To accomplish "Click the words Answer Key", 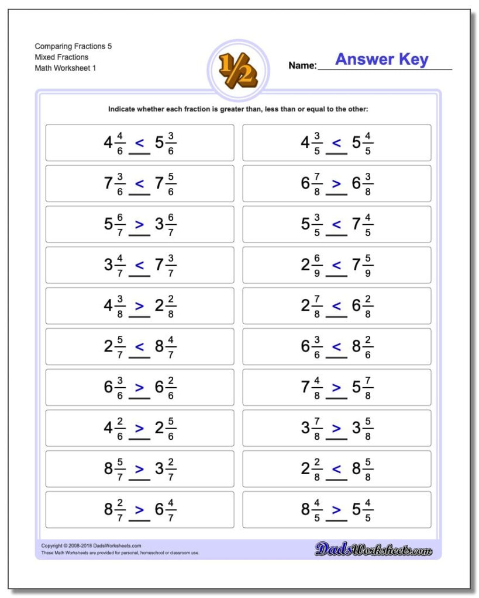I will pyautogui.click(x=381, y=60).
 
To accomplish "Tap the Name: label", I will pyautogui.click(x=302, y=66).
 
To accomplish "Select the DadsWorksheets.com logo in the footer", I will pyautogui.click(x=373, y=549).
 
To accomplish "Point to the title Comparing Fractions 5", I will pyautogui.click(x=73, y=46).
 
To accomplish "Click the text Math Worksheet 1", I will pyautogui.click(x=66, y=68).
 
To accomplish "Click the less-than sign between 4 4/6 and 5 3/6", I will pyautogui.click(x=139, y=142).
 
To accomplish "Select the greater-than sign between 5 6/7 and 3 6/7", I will pyautogui.click(x=139, y=224).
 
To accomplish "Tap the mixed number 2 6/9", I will pyautogui.click(x=312, y=265).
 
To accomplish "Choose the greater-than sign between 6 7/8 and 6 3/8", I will pyautogui.click(x=336, y=183).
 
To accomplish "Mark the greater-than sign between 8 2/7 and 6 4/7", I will pyautogui.click(x=139, y=509).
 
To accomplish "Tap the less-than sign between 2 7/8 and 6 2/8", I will pyautogui.click(x=336, y=306).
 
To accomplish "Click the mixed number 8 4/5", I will pyautogui.click(x=312, y=509).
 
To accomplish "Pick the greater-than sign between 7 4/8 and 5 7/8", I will pyautogui.click(x=336, y=387).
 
